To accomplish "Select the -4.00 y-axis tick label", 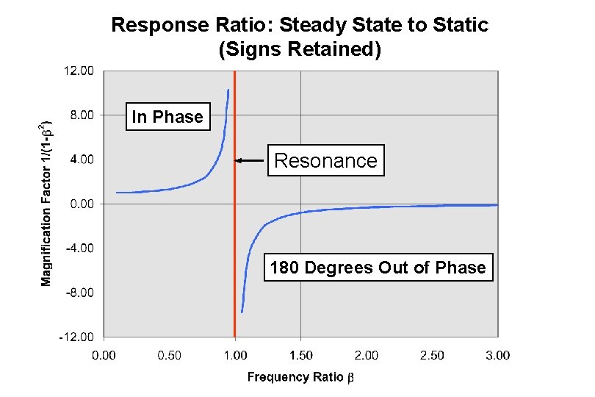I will [x=82, y=248].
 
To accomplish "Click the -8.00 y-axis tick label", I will [x=82, y=293].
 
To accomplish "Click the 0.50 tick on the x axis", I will [x=169, y=356].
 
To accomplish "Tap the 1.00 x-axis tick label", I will [x=234, y=356].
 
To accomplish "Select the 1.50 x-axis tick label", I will [x=300, y=356].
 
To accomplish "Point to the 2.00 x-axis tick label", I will [x=366, y=356].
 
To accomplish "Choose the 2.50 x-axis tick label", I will [x=432, y=356].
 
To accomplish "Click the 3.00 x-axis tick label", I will [x=497, y=356].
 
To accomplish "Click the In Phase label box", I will [x=167, y=117].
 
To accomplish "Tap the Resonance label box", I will [x=325, y=160].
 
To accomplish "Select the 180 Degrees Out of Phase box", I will [x=378, y=268].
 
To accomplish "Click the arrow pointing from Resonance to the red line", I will [x=250, y=160].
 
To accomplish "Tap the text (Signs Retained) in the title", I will [x=300, y=50].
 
